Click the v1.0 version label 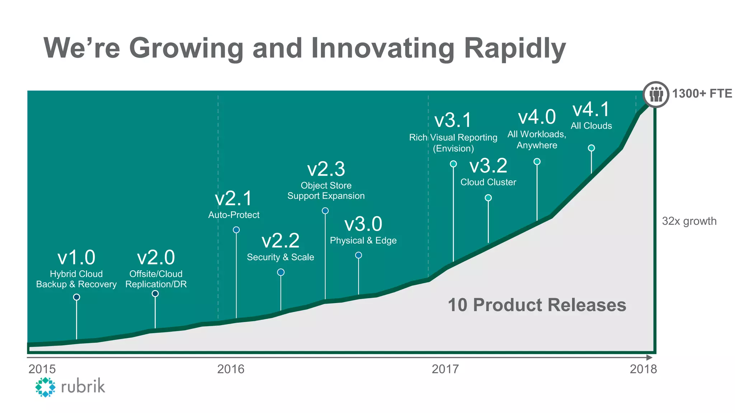click(76, 257)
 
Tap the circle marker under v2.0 click(155, 294)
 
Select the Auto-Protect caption click(234, 215)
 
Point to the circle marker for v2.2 click(281, 272)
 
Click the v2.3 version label click(326, 169)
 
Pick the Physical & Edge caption click(363, 241)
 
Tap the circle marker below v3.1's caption click(453, 164)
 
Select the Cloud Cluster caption click(488, 182)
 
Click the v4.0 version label click(537, 117)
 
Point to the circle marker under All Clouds click(591, 148)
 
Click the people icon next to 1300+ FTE click(656, 94)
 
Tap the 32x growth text click(689, 221)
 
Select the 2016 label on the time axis click(230, 369)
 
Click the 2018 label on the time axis click(643, 369)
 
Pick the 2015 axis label click(42, 369)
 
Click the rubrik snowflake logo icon click(45, 387)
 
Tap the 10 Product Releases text click(537, 305)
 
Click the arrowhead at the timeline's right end click(649, 357)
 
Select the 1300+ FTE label click(702, 94)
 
